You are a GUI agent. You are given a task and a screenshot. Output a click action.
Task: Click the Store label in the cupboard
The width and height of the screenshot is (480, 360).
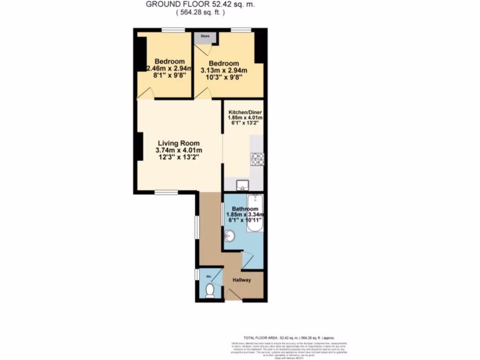coord(205,35)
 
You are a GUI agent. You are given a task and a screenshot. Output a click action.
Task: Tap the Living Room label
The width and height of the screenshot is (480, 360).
coord(179,143)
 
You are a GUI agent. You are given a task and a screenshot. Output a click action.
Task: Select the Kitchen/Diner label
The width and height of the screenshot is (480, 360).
coord(245,113)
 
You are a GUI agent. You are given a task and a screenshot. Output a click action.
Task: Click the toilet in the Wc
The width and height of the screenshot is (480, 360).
coord(210,290)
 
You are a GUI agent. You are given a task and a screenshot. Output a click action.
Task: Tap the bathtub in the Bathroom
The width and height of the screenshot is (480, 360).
coord(255,213)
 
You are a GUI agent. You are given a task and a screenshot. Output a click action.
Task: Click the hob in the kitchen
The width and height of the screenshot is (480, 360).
coord(257,159)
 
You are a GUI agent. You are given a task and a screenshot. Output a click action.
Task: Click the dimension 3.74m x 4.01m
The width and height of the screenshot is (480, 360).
coord(179,150)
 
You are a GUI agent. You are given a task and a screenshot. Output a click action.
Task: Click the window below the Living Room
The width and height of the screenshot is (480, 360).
coord(166,192)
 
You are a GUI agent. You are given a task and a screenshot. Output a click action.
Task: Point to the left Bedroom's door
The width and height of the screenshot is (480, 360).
coord(145,94)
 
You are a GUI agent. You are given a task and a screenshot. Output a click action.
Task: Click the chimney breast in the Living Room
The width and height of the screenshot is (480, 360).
coord(140,146)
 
